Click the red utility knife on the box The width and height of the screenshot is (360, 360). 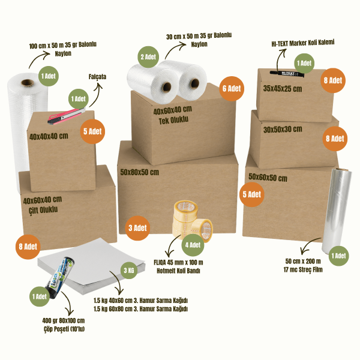tap(66, 115)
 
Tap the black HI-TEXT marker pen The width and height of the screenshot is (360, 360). tap(287, 74)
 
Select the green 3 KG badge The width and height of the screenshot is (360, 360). tap(129, 270)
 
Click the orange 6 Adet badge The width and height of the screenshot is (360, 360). tap(232, 89)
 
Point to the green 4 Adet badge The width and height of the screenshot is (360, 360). tap(193, 245)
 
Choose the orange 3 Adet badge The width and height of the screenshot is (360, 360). tap(137, 228)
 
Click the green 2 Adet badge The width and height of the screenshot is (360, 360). tap(148, 57)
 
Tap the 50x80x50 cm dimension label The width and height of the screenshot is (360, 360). tap(140, 172)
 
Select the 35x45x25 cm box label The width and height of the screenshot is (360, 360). tap(283, 89)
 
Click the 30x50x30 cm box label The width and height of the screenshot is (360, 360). tap(283, 130)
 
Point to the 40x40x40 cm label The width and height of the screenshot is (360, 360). tap(49, 136)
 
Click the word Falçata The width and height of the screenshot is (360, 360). tap(97, 77)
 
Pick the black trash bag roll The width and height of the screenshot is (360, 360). tap(61, 277)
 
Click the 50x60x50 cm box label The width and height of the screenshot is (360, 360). tap(268, 177)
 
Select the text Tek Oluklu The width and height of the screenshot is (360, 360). tap(173, 120)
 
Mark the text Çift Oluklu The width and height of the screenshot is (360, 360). tap(43, 210)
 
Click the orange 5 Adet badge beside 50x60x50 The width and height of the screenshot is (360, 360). tap(252, 194)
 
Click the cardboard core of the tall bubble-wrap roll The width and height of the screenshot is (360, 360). tap(28, 83)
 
